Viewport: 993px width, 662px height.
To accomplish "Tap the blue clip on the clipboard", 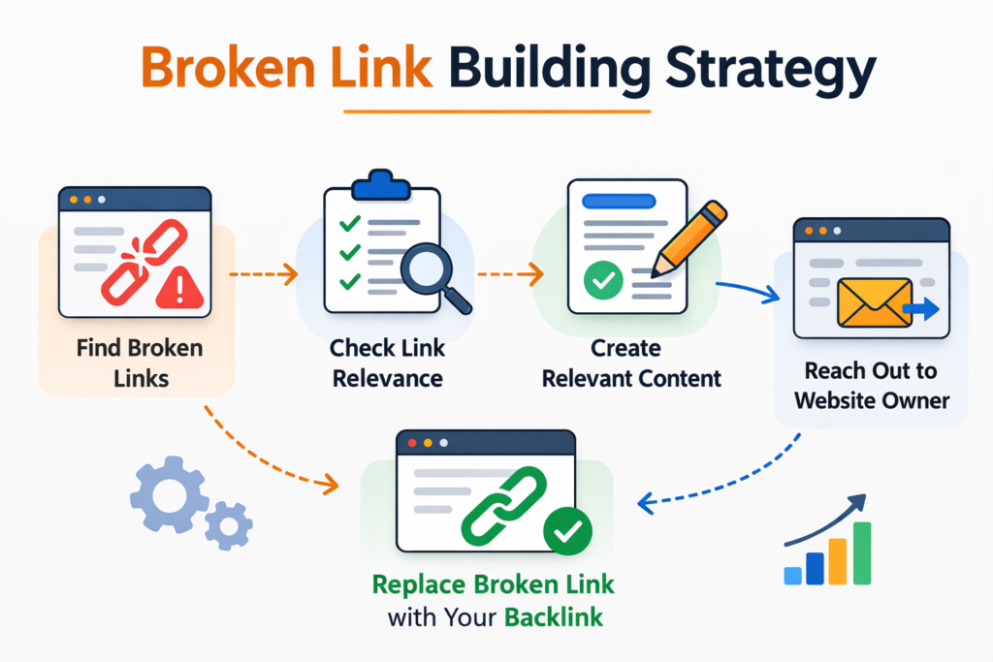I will tap(381, 184).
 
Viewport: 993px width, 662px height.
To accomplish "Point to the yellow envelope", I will tap(872, 301).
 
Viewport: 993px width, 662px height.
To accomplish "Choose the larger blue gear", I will tap(168, 495).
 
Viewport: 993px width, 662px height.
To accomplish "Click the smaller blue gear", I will tap(229, 525).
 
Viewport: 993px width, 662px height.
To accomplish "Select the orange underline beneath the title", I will tap(497, 112).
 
